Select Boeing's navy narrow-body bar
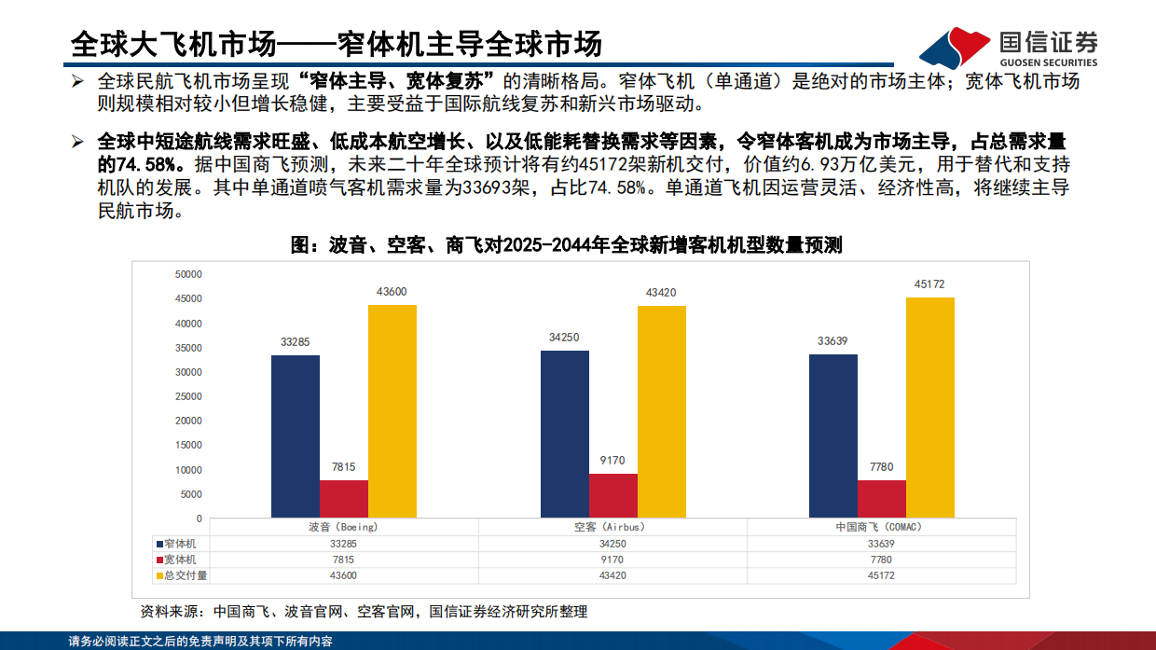(x=296, y=436)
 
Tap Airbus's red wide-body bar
(x=612, y=495)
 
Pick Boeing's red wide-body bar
(x=344, y=499)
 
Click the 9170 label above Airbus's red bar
(x=612, y=460)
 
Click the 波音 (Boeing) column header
(x=343, y=527)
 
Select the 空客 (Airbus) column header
(x=612, y=527)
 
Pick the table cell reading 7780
(x=880, y=560)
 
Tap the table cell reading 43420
(x=612, y=575)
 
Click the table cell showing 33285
(x=343, y=543)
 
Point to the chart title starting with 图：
(x=566, y=245)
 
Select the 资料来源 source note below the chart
(x=364, y=612)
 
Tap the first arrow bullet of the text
(x=78, y=82)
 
